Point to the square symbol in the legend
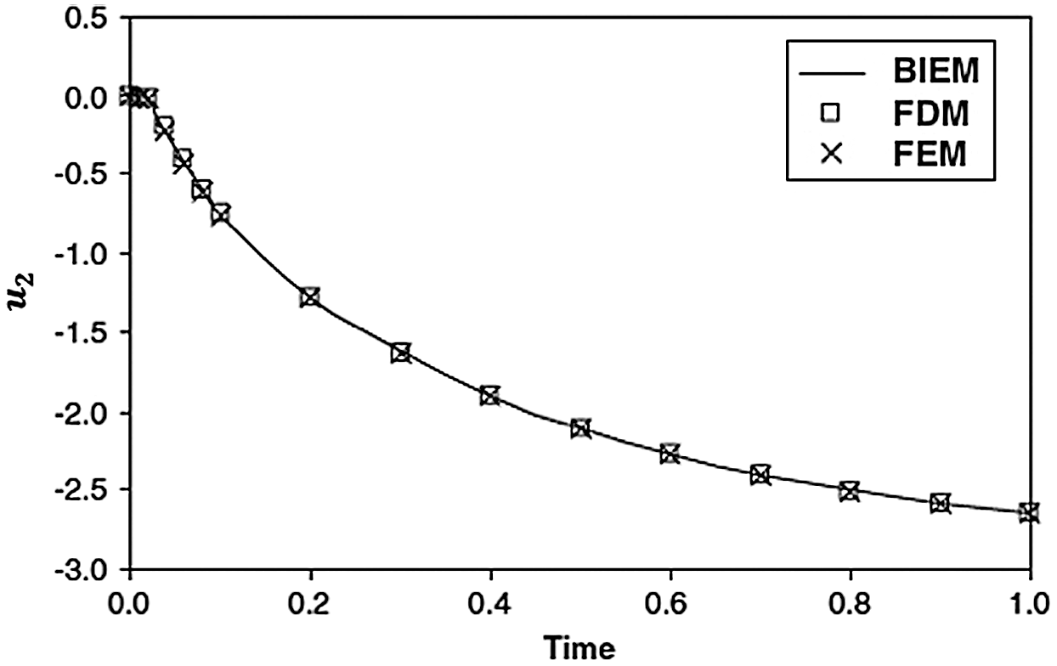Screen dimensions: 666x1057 click(831, 113)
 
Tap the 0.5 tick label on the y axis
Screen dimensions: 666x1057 click(88, 19)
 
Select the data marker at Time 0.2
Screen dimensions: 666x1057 click(309, 297)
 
